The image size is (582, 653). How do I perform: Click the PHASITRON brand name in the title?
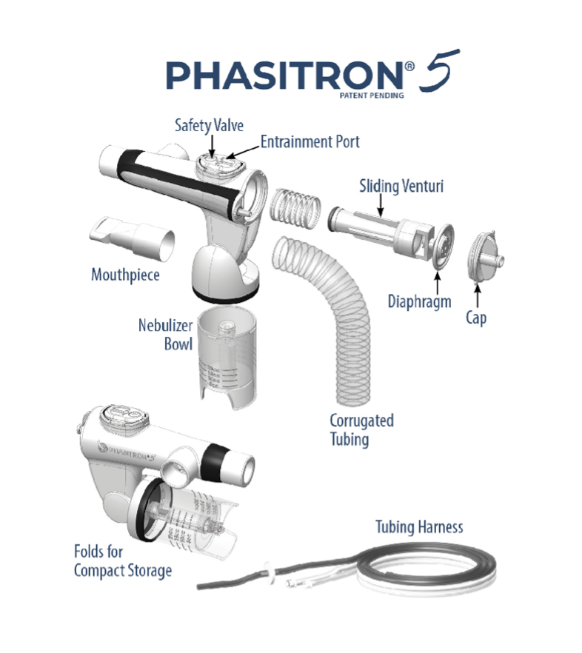[x=284, y=75]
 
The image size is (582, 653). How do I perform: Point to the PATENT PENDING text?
[x=372, y=96]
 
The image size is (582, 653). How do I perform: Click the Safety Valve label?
[x=209, y=125]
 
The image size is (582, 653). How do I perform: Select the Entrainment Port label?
[x=310, y=141]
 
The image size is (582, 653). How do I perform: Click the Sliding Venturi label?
[x=401, y=186]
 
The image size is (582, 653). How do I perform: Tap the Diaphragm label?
[x=419, y=301]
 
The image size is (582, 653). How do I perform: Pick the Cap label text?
[x=476, y=318]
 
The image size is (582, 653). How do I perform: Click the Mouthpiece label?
[x=125, y=275]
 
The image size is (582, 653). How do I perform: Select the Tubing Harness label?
[x=419, y=527]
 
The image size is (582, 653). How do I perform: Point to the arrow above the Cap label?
[x=478, y=295]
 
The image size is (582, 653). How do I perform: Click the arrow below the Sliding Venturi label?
[x=381, y=205]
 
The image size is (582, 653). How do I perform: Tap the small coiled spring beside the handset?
[x=295, y=209]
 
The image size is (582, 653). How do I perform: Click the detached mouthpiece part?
[x=132, y=238]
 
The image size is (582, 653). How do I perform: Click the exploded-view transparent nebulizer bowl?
[x=227, y=358]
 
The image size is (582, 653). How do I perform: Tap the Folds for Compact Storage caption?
[x=122, y=561]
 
